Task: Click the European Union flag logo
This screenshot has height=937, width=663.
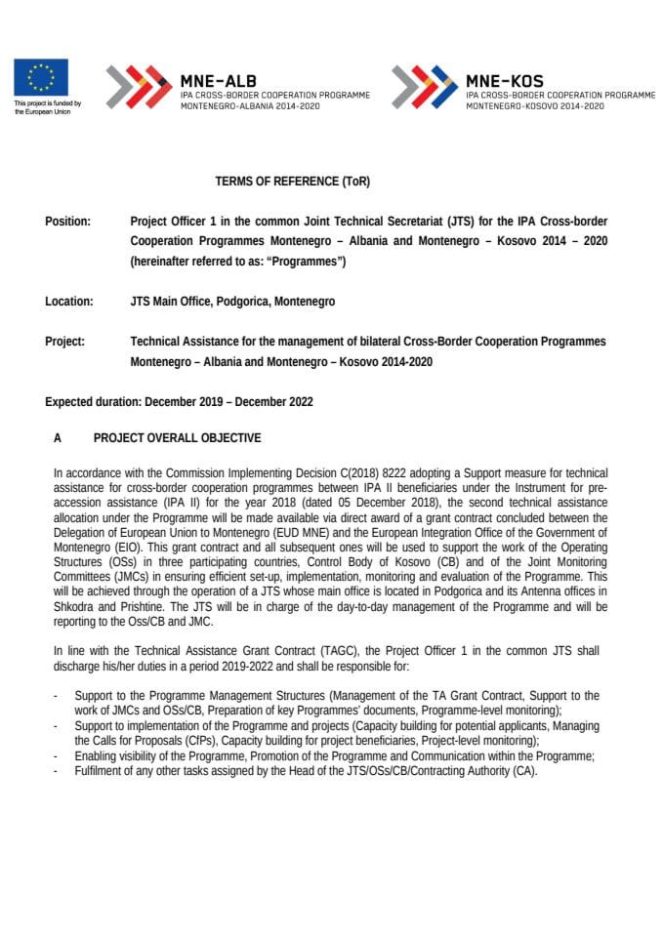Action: click(41, 77)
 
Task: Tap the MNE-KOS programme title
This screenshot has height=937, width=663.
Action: click(505, 81)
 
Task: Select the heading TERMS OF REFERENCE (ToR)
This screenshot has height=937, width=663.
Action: click(293, 182)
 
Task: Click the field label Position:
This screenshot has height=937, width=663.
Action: click(67, 222)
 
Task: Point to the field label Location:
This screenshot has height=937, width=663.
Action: click(69, 302)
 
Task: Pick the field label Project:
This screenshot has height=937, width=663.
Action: click(64, 342)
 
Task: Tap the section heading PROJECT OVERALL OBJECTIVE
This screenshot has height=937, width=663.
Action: click(177, 438)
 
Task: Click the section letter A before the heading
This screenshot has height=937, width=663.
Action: click(58, 438)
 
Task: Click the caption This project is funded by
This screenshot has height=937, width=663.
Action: click(47, 103)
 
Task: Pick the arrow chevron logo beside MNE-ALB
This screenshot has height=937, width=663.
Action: click(138, 86)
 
